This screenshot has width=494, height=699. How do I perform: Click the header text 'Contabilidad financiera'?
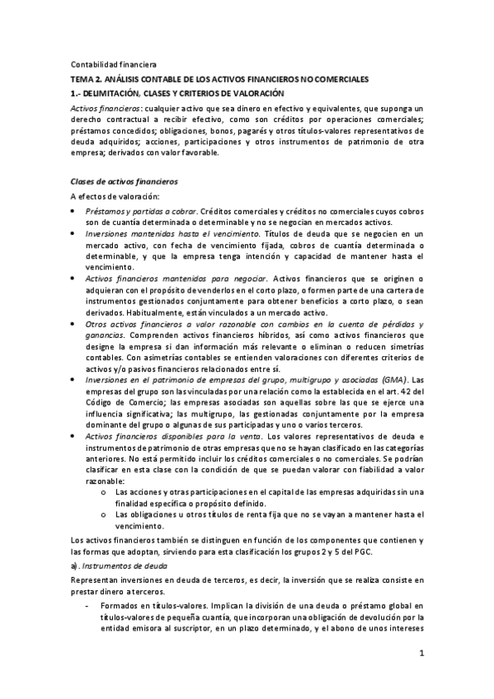click(x=107, y=63)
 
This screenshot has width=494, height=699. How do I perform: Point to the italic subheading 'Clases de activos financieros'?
click(x=122, y=181)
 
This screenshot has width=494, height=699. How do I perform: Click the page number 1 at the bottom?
click(x=421, y=654)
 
